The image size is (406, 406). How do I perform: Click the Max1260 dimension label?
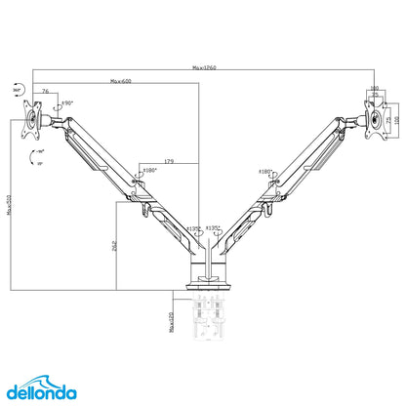pos(204,67)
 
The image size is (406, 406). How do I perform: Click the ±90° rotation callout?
pos(67,102)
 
